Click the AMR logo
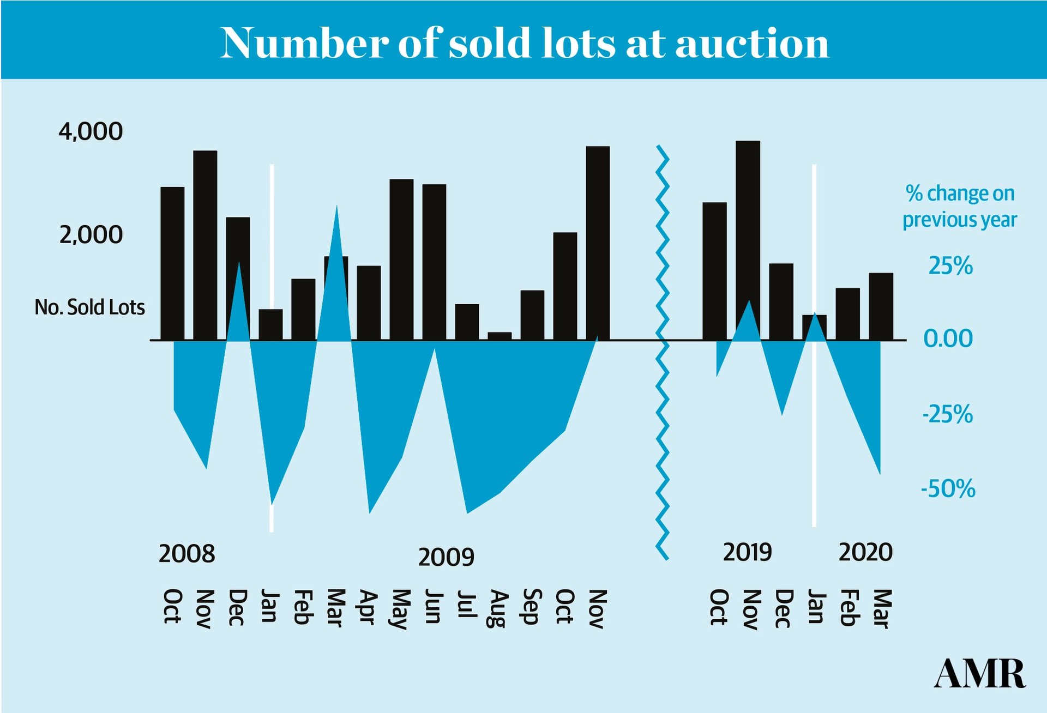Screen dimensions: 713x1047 [979, 674]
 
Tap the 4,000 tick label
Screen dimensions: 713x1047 [91, 131]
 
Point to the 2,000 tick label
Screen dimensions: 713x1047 [91, 235]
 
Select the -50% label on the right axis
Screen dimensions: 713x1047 [948, 488]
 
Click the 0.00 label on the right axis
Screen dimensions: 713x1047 [948, 339]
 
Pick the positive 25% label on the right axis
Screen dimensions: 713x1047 [950, 266]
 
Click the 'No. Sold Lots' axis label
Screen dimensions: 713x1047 [90, 307]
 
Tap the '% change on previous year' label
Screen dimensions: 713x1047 [960, 207]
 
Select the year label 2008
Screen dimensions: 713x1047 [186, 554]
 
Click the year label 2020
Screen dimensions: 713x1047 [865, 552]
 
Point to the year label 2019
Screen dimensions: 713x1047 [747, 552]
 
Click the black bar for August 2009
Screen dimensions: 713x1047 [500, 336]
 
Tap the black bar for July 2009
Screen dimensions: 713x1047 [467, 322]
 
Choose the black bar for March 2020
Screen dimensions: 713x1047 [881, 306]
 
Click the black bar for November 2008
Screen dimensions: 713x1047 [205, 245]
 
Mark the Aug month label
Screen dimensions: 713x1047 [498, 608]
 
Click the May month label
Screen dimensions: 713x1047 [401, 609]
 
